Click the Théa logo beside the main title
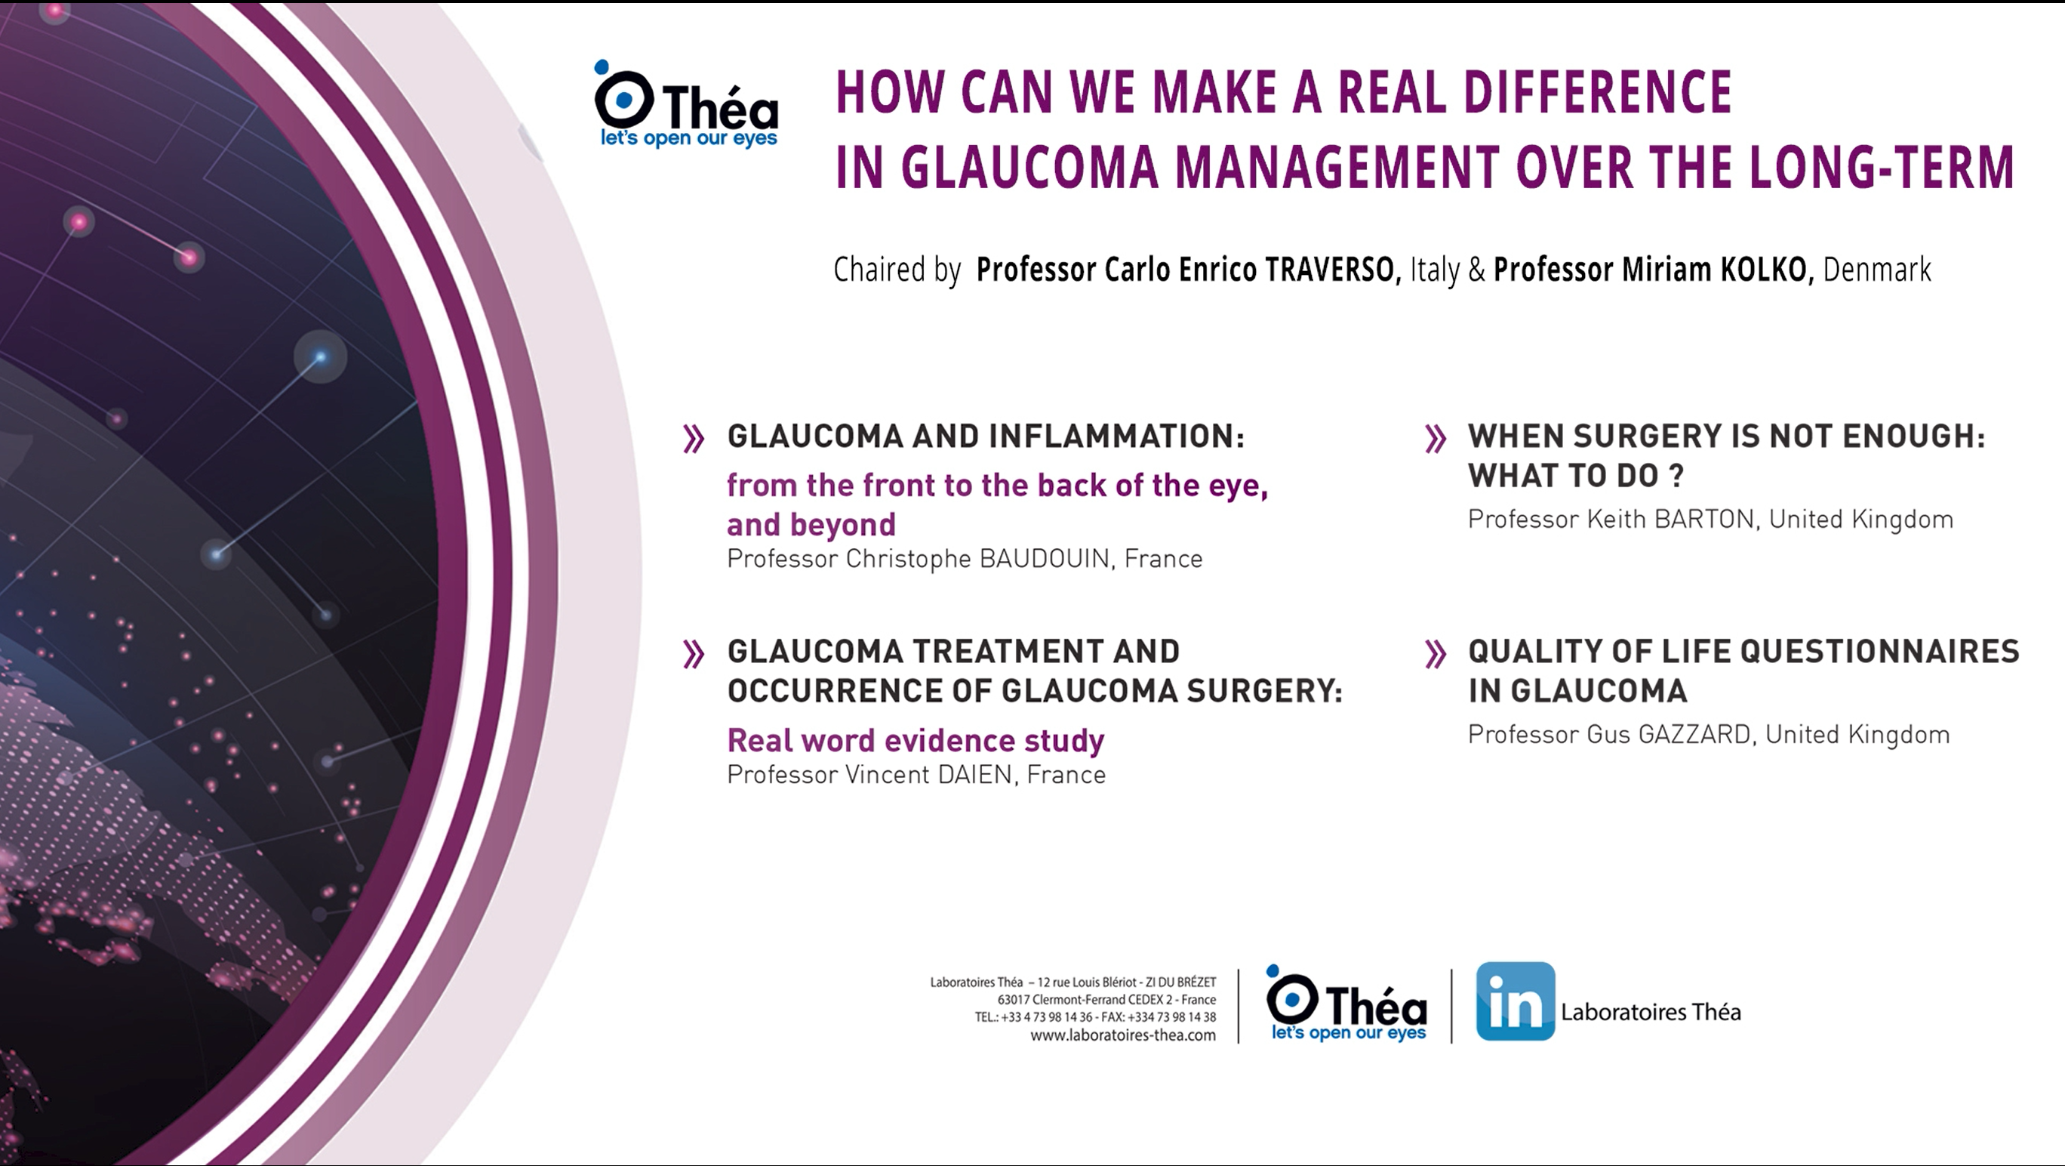686,104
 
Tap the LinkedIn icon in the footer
1515,1001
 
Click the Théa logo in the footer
1346,1003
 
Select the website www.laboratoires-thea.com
1122,1035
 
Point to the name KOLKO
1766,270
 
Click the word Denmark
1876,270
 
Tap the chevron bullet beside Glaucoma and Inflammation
694,439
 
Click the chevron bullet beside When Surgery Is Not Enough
1436,439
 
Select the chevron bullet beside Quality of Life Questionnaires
1436,655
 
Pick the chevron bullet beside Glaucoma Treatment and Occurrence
694,655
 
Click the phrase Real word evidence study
916,740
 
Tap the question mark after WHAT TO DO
1675,476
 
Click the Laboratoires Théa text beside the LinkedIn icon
1651,1012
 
